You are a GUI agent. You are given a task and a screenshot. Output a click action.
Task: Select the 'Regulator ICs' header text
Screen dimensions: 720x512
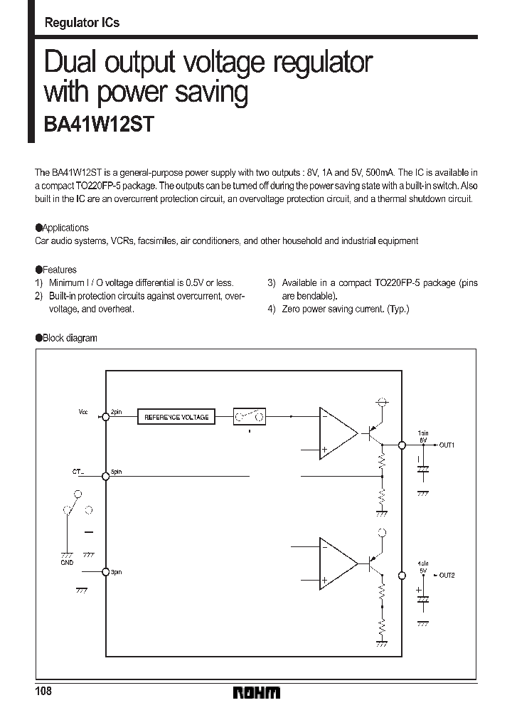[82, 23]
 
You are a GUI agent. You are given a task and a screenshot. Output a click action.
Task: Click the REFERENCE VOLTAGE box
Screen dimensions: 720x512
[176, 417]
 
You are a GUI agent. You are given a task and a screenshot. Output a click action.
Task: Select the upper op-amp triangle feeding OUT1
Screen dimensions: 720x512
[338, 433]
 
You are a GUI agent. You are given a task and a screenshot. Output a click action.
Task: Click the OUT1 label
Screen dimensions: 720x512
[446, 445]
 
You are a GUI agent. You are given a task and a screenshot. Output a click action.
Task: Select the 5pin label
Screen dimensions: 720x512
[117, 471]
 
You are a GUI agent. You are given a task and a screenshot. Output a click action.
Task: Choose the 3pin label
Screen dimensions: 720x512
[117, 571]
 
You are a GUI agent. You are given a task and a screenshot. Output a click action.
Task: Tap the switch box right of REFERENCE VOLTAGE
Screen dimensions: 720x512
[250, 417]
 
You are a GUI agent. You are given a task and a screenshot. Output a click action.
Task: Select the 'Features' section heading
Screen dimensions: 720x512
[60, 270]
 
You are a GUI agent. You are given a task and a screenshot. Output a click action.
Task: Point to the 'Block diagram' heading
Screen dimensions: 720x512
[70, 338]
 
